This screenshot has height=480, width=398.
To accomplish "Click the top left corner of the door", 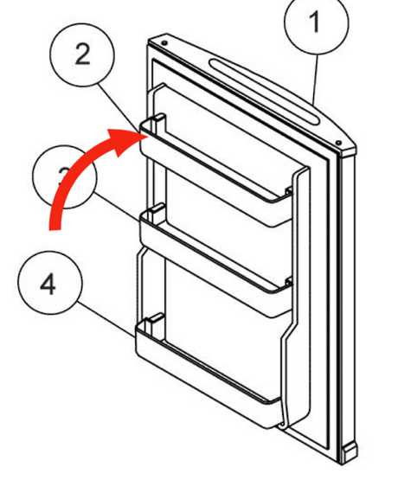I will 151,41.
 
